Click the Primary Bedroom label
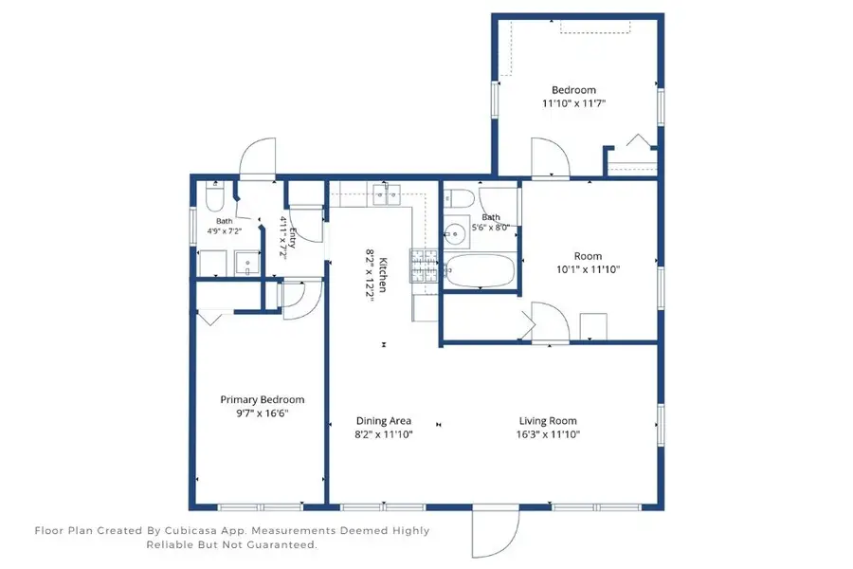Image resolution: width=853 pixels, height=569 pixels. pyautogui.click(x=263, y=399)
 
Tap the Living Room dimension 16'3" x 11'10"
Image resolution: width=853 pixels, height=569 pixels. pyautogui.click(x=548, y=434)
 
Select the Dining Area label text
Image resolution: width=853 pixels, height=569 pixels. pyautogui.click(x=384, y=421)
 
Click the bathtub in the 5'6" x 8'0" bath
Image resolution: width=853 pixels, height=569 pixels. pyautogui.click(x=480, y=270)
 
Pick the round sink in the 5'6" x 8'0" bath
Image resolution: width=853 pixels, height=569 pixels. pyautogui.click(x=455, y=233)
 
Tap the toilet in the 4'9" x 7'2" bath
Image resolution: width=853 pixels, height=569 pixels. pyautogui.click(x=215, y=196)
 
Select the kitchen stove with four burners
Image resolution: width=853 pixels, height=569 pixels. pyautogui.click(x=424, y=266)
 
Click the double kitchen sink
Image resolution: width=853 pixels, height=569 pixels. pyautogui.click(x=387, y=195)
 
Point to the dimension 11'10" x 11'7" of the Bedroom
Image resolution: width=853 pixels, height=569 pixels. pyautogui.click(x=573, y=103)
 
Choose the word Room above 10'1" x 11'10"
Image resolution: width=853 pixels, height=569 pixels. pyautogui.click(x=588, y=256)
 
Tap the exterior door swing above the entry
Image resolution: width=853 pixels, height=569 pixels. pyautogui.click(x=257, y=158)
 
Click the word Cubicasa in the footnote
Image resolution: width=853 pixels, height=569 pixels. pyautogui.click(x=189, y=530)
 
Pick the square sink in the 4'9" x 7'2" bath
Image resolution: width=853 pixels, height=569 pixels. pyautogui.click(x=247, y=264)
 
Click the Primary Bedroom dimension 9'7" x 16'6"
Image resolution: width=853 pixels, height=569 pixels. pyautogui.click(x=263, y=413)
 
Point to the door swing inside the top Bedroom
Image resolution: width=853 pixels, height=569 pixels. pyautogui.click(x=550, y=156)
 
